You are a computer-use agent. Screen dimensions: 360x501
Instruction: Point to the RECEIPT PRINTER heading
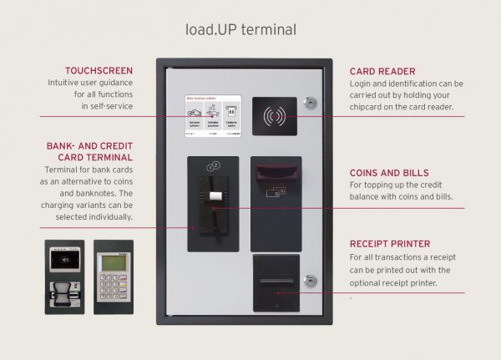point(392,245)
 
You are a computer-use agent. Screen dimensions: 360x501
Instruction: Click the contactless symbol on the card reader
point(276,116)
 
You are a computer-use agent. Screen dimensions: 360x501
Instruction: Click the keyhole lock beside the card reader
point(311,104)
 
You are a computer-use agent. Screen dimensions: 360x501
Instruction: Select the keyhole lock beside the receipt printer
point(311,281)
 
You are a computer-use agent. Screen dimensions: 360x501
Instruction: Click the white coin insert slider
point(214,197)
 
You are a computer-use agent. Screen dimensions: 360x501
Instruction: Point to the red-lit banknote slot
point(275,174)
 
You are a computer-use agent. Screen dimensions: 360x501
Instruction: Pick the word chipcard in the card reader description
point(368,107)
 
